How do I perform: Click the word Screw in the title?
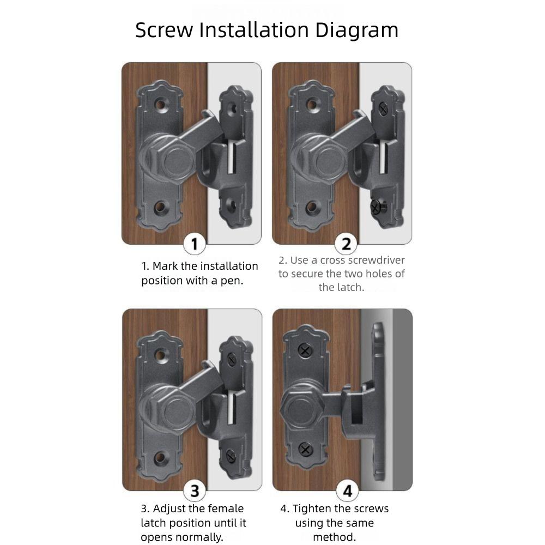[x=163, y=30]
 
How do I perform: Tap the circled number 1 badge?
[x=195, y=244]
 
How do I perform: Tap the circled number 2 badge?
[x=346, y=244]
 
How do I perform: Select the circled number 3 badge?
[x=195, y=491]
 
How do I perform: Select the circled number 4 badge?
[x=347, y=491]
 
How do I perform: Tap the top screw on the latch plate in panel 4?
[x=305, y=350]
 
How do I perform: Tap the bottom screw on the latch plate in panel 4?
[x=305, y=450]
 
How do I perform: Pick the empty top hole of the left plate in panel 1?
[x=161, y=104]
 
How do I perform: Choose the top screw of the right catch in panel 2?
[x=383, y=110]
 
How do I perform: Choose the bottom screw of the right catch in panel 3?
[x=231, y=455]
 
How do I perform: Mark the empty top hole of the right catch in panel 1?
[x=232, y=110]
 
